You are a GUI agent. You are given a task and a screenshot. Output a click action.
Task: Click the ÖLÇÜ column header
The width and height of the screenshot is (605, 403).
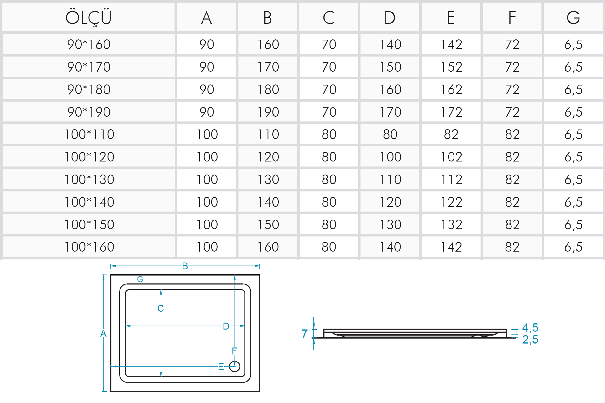[x=89, y=17]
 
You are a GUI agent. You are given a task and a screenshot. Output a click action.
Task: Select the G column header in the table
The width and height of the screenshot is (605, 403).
[x=573, y=18]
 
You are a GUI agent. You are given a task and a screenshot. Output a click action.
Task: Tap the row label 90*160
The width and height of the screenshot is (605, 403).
[x=89, y=44]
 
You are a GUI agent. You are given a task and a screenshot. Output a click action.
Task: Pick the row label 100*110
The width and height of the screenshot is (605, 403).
[x=89, y=134]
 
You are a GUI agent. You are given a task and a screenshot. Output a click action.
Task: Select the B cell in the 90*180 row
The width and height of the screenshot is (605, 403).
[x=268, y=89]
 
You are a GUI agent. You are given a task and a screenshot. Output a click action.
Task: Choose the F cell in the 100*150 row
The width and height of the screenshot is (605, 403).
[x=512, y=225]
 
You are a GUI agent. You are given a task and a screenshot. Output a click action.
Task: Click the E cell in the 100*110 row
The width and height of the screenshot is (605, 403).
[x=451, y=134]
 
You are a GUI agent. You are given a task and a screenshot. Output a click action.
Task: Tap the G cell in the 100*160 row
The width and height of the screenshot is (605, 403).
[x=573, y=247]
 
